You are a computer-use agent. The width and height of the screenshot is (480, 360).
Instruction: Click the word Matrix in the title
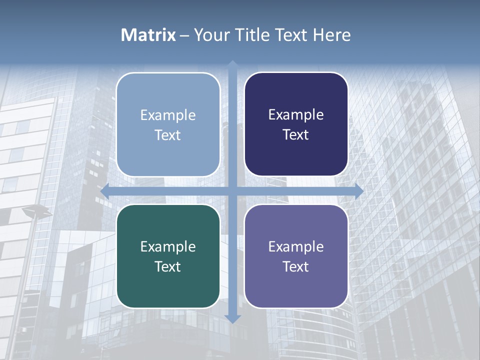[x=148, y=35]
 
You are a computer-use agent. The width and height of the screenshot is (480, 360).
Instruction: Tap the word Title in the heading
[x=252, y=35]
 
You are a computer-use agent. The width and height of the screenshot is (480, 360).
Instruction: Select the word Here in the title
[x=332, y=35]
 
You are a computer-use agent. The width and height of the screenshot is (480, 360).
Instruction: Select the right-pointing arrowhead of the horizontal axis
[x=358, y=191]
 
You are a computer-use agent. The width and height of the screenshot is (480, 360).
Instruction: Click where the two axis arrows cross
[x=232, y=191]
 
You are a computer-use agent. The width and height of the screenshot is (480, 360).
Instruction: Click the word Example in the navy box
[x=296, y=115]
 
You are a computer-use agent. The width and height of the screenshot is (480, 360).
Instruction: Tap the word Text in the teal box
[x=167, y=266]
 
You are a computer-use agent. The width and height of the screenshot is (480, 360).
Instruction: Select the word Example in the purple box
[x=296, y=246]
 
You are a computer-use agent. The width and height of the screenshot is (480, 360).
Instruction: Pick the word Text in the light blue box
[x=167, y=135]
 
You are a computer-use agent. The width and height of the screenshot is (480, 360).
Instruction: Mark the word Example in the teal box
[x=168, y=246]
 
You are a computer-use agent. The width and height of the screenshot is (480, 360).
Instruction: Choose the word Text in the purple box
[x=296, y=266]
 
